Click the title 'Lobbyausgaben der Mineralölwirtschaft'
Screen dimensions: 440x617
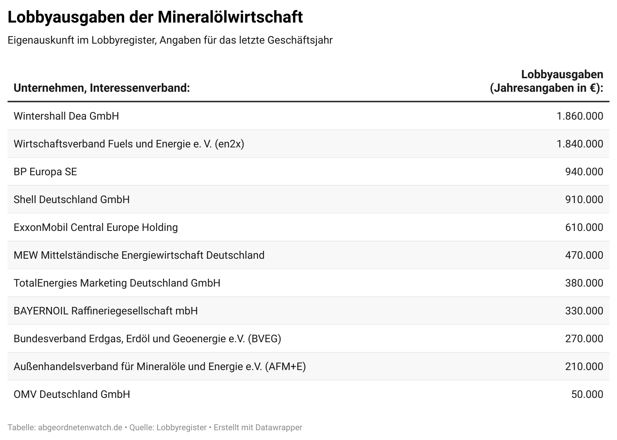click(x=155, y=17)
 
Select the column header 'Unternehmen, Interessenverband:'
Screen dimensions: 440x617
click(x=102, y=88)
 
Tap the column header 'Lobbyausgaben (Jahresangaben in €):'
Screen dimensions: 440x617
click(x=546, y=81)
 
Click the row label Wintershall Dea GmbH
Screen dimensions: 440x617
click(x=66, y=116)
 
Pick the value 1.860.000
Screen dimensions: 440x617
click(x=580, y=116)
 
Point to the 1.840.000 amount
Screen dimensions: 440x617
click(x=580, y=144)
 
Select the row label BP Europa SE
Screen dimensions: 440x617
click(x=45, y=171)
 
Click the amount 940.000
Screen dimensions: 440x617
click(x=584, y=171)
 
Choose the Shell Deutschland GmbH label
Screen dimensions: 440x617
click(x=71, y=199)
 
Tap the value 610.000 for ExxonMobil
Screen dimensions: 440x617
click(x=584, y=227)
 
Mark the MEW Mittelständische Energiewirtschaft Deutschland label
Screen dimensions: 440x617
click(x=139, y=255)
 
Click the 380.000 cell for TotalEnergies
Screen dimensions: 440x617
click(x=584, y=283)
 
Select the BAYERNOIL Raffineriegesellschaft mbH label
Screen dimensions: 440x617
click(x=105, y=311)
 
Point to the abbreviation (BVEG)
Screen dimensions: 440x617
click(x=264, y=338)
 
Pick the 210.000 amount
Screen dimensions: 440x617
click(x=584, y=366)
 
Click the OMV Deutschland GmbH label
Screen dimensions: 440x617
click(x=71, y=394)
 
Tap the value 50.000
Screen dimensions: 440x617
click(x=587, y=394)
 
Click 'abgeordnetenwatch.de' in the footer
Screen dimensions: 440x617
click(x=80, y=427)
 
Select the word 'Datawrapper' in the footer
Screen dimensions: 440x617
click(x=278, y=427)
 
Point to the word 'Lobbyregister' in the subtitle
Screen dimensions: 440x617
click(x=123, y=40)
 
